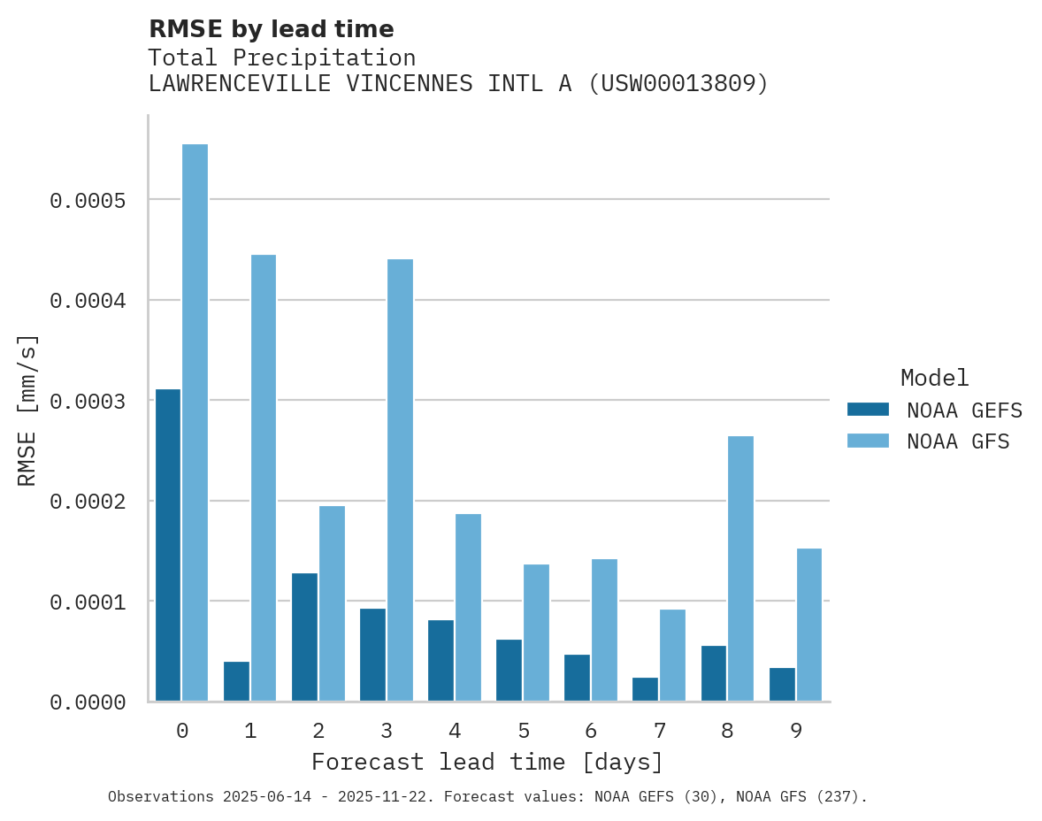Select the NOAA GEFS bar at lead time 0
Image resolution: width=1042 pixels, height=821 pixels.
point(168,545)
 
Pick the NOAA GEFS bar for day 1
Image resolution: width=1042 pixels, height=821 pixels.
point(236,681)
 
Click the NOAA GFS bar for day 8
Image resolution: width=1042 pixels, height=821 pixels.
point(740,569)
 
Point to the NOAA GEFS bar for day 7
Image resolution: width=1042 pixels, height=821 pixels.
point(645,689)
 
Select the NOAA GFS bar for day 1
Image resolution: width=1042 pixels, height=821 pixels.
point(264,478)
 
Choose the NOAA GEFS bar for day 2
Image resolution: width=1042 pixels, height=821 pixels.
point(304,637)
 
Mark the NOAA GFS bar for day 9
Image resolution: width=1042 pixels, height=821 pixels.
point(808,625)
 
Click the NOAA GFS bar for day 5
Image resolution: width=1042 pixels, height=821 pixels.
point(536,633)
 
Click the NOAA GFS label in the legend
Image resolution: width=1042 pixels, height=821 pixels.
point(958,441)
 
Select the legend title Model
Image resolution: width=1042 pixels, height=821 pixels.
point(934,378)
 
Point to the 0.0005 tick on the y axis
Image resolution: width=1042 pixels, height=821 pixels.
point(88,201)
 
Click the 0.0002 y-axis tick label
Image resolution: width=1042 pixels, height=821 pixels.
point(88,502)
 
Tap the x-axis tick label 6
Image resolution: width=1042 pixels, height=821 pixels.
point(591,731)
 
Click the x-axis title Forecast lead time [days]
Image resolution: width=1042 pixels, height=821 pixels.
point(487,762)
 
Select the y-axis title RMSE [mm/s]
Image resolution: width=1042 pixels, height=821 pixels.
point(28,410)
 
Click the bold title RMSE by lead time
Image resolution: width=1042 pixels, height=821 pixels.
point(271,29)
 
